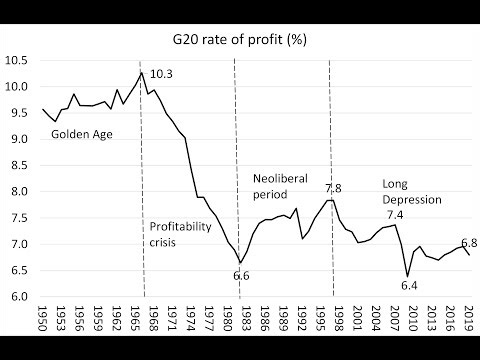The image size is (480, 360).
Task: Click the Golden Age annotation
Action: pyautogui.click(x=80, y=133)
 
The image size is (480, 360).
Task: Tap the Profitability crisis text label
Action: pyautogui.click(x=181, y=235)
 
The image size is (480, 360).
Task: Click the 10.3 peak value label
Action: pyautogui.click(x=163, y=74)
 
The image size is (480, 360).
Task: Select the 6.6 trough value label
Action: pyautogui.click(x=241, y=275)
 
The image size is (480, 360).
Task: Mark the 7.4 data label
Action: pyautogui.click(x=397, y=215)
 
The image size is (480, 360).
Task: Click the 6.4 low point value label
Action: pyautogui.click(x=410, y=287)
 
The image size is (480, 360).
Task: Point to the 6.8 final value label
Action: pyautogui.click(x=468, y=242)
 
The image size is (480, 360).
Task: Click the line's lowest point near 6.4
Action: pyautogui.click(x=406, y=276)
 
